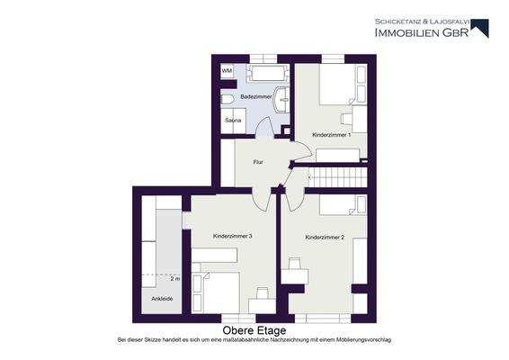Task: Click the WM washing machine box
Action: [x=227, y=70]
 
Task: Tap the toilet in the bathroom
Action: [x=228, y=100]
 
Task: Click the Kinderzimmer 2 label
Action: [x=324, y=238]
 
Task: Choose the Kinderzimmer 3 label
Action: [x=232, y=236]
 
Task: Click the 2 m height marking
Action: [x=175, y=279]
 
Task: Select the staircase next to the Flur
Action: [x=339, y=175]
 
